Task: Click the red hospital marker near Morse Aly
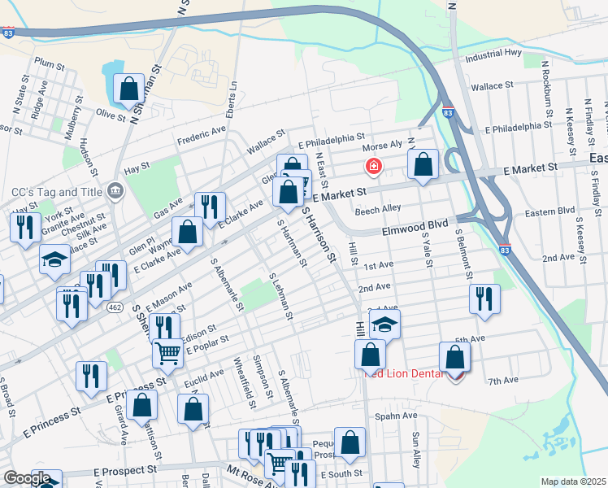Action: (x=374, y=168)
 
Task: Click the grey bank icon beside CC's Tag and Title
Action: (x=115, y=191)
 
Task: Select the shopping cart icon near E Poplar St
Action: (x=167, y=352)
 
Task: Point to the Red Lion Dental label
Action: (x=403, y=373)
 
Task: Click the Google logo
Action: (x=27, y=478)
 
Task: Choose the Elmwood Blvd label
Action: (x=415, y=231)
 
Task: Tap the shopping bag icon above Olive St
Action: (x=128, y=88)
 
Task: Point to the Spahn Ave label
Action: (x=396, y=416)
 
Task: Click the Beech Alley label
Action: (x=379, y=209)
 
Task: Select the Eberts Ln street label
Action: (x=232, y=96)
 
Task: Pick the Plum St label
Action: (x=49, y=63)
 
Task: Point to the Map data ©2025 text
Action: (x=573, y=481)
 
